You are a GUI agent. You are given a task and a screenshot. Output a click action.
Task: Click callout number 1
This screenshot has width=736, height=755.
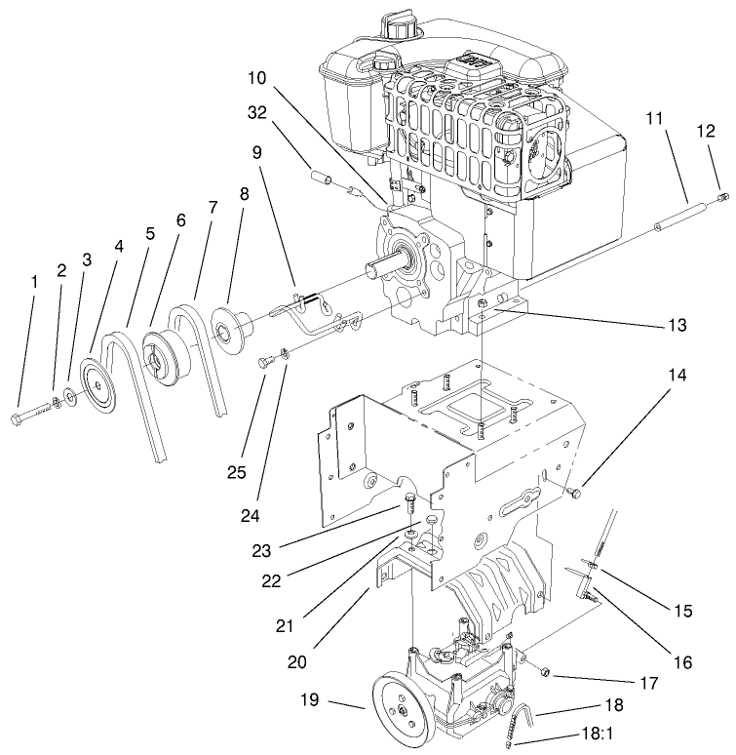pyautogui.click(x=34, y=282)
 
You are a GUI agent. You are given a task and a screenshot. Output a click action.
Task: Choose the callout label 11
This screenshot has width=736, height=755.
pyautogui.click(x=654, y=118)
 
